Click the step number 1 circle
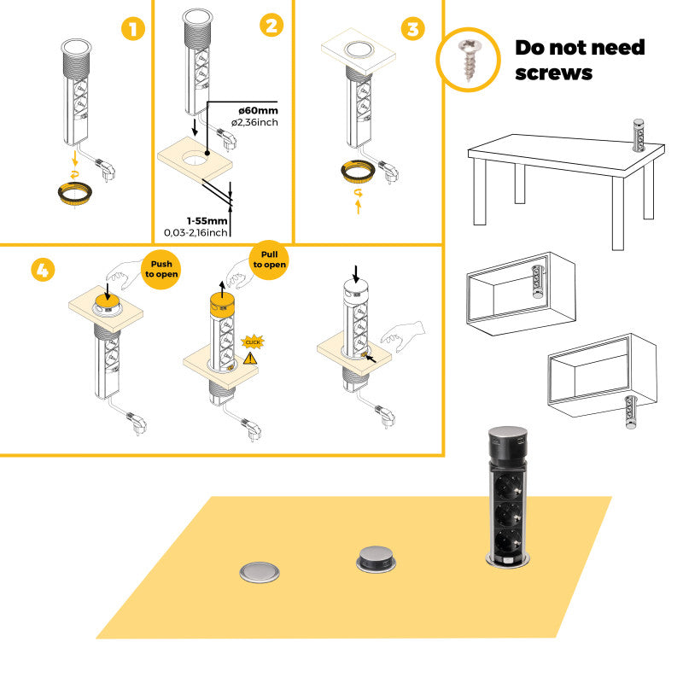tap(131, 30)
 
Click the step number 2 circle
tap(271, 26)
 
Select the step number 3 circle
tap(412, 29)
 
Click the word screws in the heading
tap(553, 73)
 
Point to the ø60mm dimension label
tap(259, 110)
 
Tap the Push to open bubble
tap(161, 270)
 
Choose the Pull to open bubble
tap(269, 259)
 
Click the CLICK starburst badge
tap(253, 341)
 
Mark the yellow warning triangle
tap(250, 359)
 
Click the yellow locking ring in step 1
tap(76, 191)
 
